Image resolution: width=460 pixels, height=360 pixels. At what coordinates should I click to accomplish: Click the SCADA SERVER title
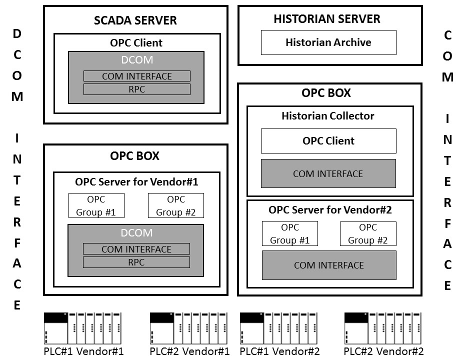[x=135, y=20]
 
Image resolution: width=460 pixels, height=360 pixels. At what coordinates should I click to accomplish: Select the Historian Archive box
[x=328, y=42]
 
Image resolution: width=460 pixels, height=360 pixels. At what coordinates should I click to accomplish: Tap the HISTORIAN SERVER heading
[x=327, y=19]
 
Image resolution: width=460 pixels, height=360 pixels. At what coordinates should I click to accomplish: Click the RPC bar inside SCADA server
[x=136, y=89]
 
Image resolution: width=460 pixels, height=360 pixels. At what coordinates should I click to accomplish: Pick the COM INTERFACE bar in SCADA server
[x=136, y=76]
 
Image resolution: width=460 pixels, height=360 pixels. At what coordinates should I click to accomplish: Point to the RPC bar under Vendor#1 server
[x=136, y=262]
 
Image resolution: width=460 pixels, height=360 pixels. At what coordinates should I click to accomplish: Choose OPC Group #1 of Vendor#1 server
[x=96, y=205]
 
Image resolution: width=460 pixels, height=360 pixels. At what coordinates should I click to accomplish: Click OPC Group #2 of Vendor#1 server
[x=176, y=205]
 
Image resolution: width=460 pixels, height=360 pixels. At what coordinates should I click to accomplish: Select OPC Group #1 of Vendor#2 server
[x=289, y=233]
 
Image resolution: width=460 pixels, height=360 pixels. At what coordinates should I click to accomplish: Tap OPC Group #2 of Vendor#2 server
[x=368, y=233]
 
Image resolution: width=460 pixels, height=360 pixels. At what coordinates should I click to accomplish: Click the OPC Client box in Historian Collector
[x=328, y=141]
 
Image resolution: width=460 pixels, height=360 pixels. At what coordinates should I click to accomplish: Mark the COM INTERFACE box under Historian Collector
[x=328, y=173]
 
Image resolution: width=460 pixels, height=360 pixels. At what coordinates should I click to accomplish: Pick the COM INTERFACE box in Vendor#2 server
[x=329, y=265]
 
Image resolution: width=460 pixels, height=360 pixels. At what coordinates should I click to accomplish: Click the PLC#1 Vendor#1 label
[x=83, y=351]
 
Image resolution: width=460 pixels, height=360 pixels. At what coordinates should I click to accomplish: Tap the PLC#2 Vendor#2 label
[x=384, y=351]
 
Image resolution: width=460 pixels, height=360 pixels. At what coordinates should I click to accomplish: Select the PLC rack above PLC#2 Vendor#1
[x=188, y=328]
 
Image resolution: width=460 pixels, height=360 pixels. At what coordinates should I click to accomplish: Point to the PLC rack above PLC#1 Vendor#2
[x=279, y=328]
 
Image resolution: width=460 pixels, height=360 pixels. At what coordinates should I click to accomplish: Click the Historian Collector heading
[x=328, y=116]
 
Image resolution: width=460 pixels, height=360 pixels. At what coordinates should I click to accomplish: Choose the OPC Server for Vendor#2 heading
[x=330, y=209]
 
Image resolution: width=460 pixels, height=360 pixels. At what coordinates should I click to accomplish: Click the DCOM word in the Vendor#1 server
[x=136, y=233]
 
